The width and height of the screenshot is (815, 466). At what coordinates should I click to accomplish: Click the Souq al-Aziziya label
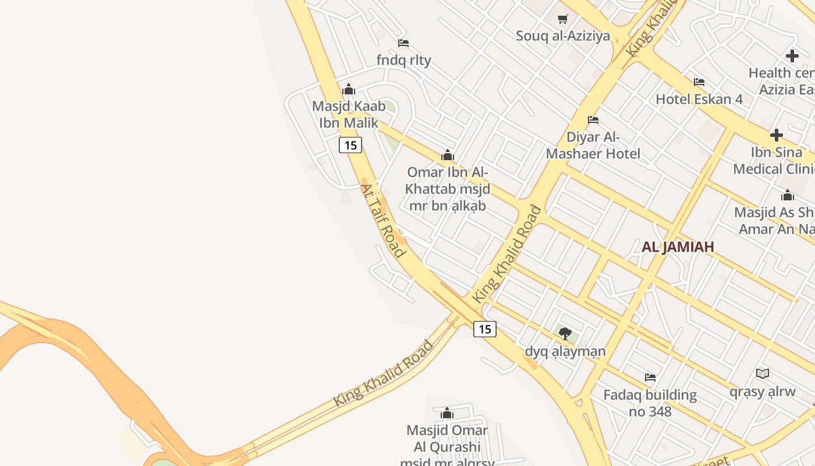pyautogui.click(x=563, y=36)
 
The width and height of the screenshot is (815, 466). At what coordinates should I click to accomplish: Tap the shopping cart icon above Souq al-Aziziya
pyautogui.click(x=563, y=19)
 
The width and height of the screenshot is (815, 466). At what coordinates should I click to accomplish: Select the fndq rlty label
pyautogui.click(x=403, y=60)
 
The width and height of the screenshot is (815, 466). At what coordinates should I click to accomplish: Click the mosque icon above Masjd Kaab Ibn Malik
pyautogui.click(x=349, y=89)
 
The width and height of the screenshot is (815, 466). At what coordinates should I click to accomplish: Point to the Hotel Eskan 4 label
pyautogui.click(x=699, y=99)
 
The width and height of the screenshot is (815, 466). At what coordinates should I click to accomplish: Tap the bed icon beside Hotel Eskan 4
pyautogui.click(x=699, y=82)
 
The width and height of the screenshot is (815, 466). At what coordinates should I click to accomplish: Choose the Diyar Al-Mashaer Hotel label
pyautogui.click(x=593, y=146)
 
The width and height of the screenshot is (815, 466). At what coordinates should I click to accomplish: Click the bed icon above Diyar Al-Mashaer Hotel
pyautogui.click(x=593, y=120)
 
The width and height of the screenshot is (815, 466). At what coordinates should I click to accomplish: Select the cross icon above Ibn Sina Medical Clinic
pyautogui.click(x=776, y=135)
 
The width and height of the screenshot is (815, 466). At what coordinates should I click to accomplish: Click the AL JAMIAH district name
pyautogui.click(x=678, y=247)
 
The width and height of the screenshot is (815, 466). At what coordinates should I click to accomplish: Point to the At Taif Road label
pyautogui.click(x=382, y=220)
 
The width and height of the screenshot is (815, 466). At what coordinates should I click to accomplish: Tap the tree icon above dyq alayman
pyautogui.click(x=565, y=334)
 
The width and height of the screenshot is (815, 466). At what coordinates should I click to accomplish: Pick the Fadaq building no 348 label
pyautogui.click(x=650, y=403)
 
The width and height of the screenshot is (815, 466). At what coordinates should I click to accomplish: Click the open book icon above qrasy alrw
pyautogui.click(x=763, y=373)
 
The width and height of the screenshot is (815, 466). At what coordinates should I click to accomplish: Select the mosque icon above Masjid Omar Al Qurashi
pyautogui.click(x=447, y=414)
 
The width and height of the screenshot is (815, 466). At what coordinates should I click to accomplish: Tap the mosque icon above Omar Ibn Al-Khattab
pyautogui.click(x=447, y=155)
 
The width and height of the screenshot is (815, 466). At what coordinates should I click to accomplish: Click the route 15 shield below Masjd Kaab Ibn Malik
pyautogui.click(x=350, y=145)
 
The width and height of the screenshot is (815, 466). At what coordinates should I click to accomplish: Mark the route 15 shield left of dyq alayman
pyautogui.click(x=484, y=329)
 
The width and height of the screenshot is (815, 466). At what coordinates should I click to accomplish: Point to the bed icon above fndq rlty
pyautogui.click(x=403, y=43)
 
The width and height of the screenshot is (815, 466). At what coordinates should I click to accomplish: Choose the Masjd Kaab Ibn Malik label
pyautogui.click(x=349, y=114)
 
